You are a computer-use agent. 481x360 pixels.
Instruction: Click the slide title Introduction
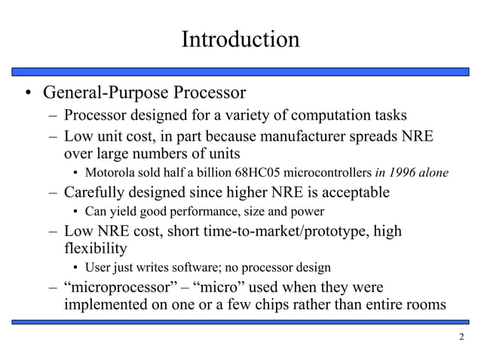[x=240, y=38]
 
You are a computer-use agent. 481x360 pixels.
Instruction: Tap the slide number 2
[x=461, y=337]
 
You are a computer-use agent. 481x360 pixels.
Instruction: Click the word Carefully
[x=94, y=192]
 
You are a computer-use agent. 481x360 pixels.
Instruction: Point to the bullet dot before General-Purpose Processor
[x=27, y=95]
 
